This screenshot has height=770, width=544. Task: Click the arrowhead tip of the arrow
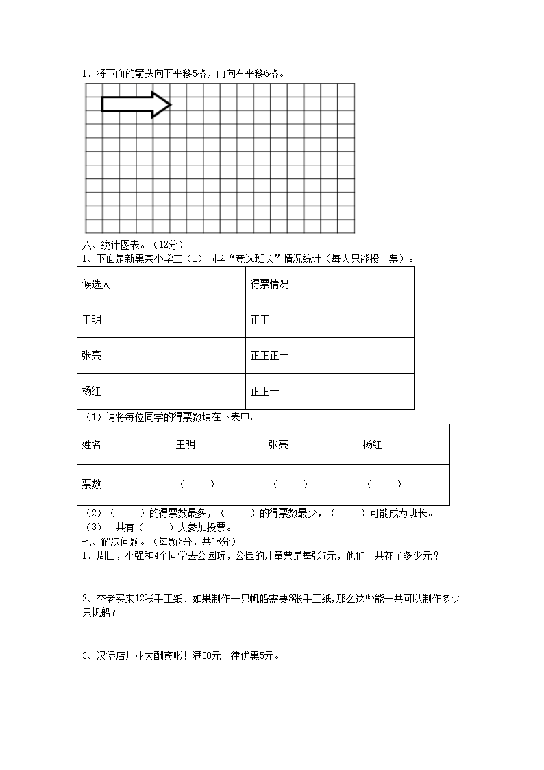click(170, 104)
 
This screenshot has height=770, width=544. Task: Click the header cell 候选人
click(96, 285)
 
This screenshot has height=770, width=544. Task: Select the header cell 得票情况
click(269, 285)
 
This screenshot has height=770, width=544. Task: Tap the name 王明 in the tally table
click(91, 320)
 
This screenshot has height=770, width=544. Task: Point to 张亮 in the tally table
click(91, 356)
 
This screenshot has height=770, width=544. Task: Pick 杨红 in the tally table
click(91, 392)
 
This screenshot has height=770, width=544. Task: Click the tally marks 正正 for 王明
click(260, 320)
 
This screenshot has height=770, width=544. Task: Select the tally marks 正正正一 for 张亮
click(269, 356)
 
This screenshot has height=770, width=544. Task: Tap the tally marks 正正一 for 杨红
click(264, 392)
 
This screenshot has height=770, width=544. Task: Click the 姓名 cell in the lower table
click(91, 445)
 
